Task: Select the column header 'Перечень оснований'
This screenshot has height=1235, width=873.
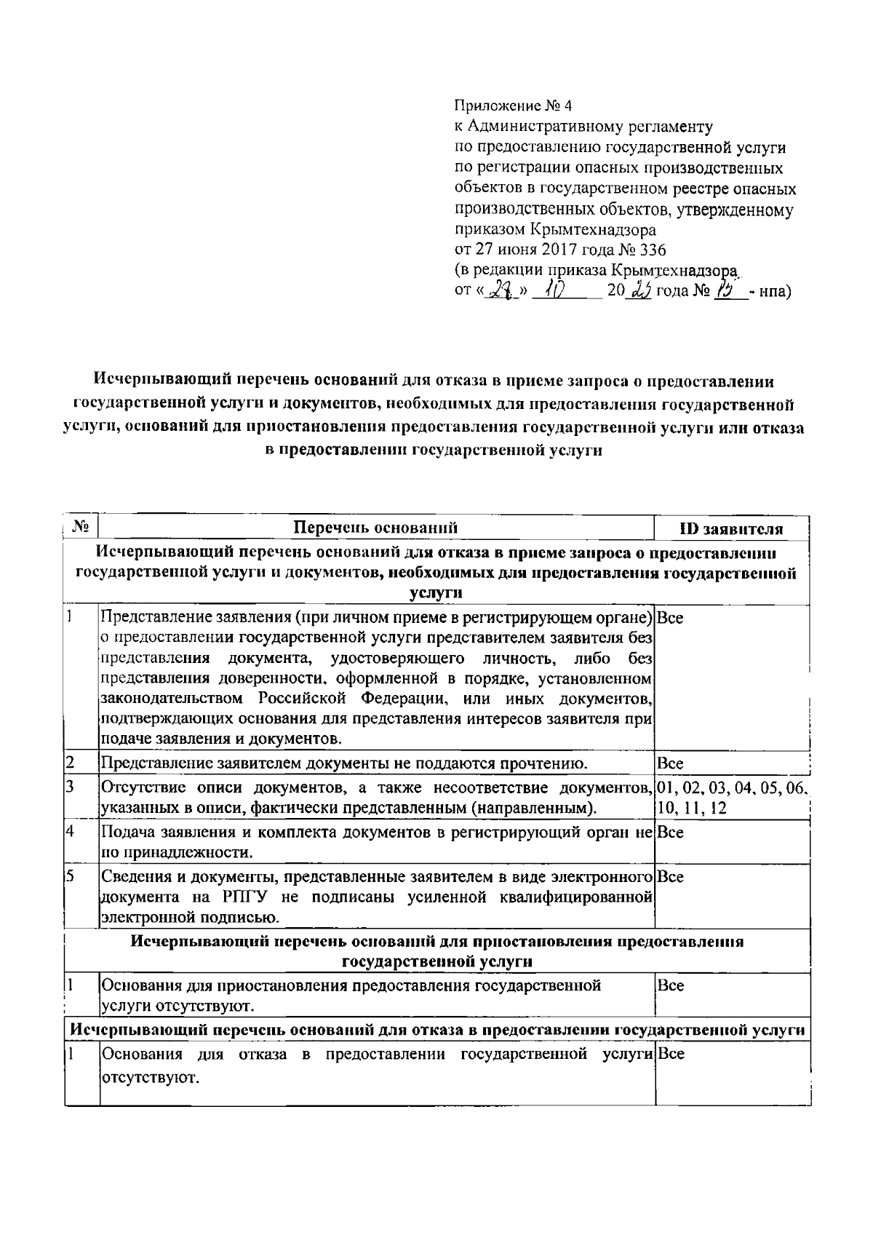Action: coord(375,528)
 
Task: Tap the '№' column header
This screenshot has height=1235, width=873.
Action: coord(81,526)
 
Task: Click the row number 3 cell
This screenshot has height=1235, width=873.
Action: coord(71,787)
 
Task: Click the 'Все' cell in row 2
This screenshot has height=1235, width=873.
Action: coord(669,763)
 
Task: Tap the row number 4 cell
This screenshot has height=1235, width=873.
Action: coord(71,831)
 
